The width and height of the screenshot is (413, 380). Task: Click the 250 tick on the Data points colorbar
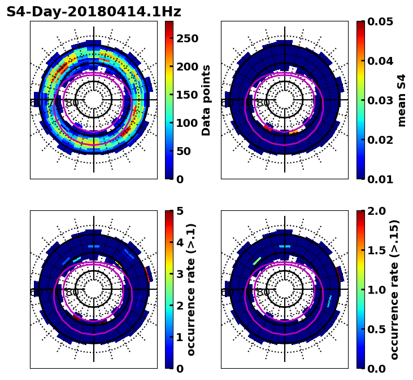click(x=186, y=38)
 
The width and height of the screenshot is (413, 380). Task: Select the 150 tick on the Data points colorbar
click(x=186, y=95)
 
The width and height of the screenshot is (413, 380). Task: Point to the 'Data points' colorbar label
click(x=206, y=100)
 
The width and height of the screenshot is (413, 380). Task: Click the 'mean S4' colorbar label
click(x=402, y=100)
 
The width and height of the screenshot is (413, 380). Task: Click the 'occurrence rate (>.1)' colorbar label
click(x=191, y=289)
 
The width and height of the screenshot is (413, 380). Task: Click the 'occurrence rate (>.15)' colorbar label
click(x=394, y=289)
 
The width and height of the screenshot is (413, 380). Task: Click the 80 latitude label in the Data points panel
click(x=72, y=103)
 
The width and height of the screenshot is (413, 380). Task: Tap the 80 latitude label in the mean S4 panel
click(x=263, y=103)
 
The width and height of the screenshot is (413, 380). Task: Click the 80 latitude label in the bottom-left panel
click(x=72, y=293)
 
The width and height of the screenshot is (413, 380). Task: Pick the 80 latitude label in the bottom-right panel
click(x=263, y=293)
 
